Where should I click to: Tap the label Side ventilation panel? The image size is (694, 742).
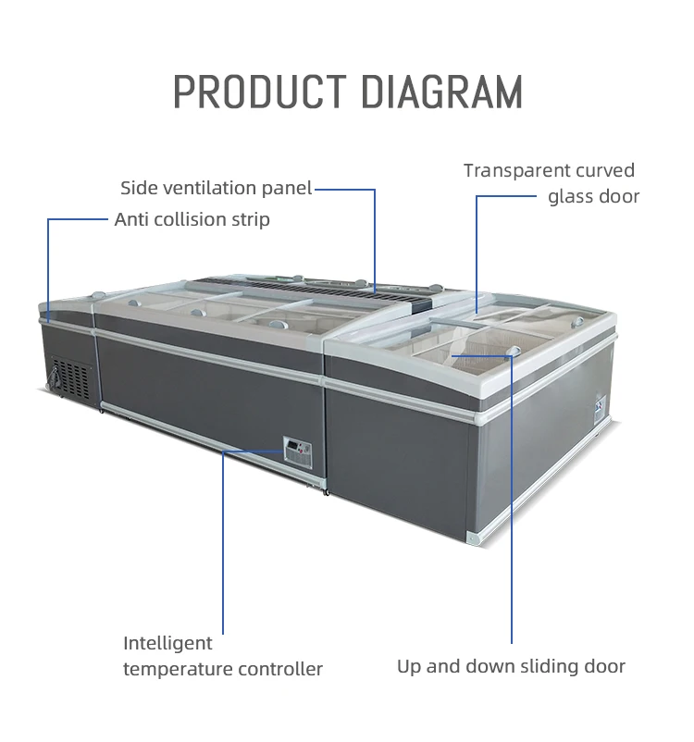click(217, 189)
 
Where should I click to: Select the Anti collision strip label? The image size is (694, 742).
click(192, 219)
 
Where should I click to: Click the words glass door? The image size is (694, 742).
click(593, 196)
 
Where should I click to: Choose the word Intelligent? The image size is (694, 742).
click(167, 643)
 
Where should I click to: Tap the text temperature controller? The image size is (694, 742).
click(223, 668)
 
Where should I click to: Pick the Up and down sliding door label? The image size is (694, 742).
click(511, 666)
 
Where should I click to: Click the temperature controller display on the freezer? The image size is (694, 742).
click(298, 451)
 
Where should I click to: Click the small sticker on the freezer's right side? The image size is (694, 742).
click(598, 404)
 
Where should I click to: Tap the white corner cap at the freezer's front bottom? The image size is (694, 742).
click(473, 537)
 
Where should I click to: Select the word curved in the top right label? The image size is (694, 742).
click(606, 170)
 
